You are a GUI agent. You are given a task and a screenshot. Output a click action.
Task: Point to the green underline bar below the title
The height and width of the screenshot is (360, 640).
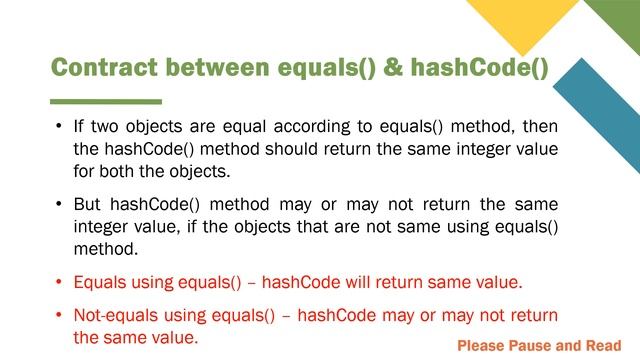pyautogui.click(x=106, y=101)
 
